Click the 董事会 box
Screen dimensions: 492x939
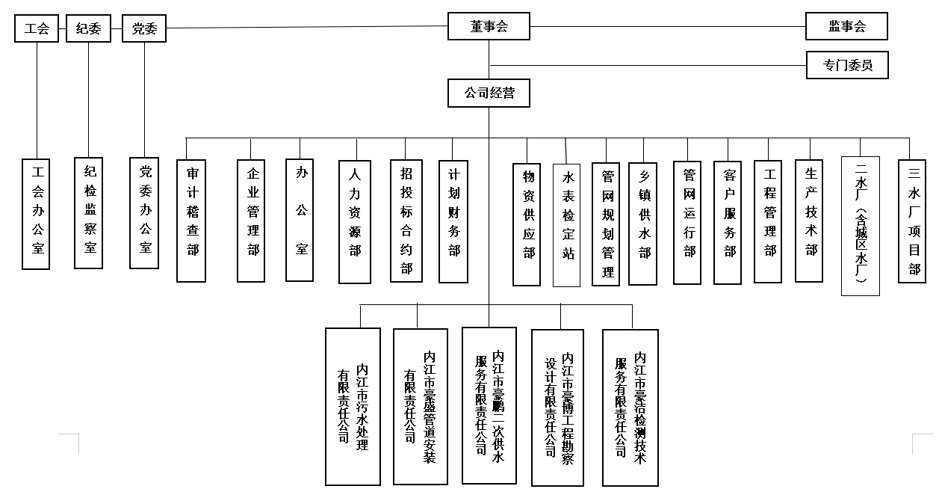(x=489, y=27)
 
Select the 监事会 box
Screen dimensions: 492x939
(x=846, y=26)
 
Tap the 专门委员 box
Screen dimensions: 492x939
(x=847, y=65)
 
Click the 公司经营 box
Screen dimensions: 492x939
(x=489, y=94)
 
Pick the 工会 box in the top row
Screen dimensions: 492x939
(x=37, y=29)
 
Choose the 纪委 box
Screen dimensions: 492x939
(x=88, y=29)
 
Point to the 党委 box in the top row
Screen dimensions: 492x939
(x=143, y=29)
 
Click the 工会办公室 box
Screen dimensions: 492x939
(x=37, y=214)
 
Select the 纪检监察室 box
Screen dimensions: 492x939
(x=89, y=212)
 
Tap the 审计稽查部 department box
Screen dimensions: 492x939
(x=191, y=221)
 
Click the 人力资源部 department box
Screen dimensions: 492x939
(x=355, y=222)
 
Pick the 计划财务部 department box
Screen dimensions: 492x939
(x=453, y=221)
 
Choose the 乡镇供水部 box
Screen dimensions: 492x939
(x=643, y=223)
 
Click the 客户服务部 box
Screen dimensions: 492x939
(x=728, y=222)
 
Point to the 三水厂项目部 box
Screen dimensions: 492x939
(x=912, y=221)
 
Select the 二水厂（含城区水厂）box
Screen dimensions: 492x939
(x=861, y=226)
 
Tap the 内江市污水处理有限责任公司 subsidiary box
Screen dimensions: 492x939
(x=353, y=407)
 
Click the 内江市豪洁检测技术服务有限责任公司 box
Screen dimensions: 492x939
(x=630, y=407)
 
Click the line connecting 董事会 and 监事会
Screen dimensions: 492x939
(x=667, y=27)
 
